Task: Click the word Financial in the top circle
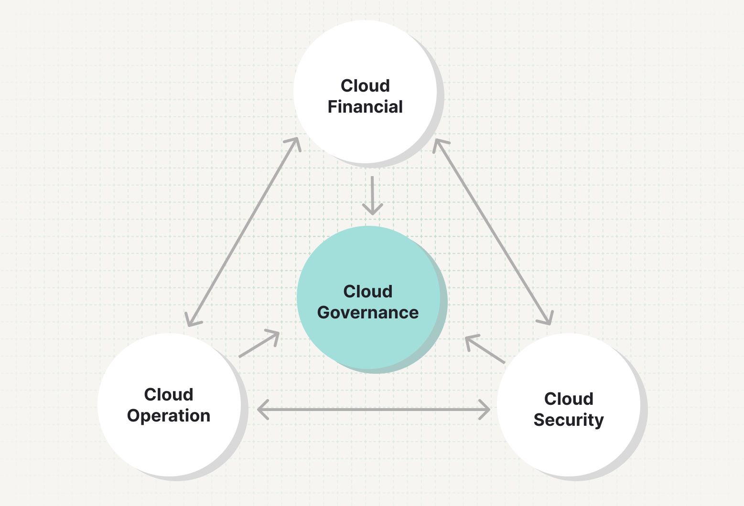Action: [365, 106]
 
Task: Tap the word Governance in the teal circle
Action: [368, 313]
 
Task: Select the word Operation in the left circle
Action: [169, 416]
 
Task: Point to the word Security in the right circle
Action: [569, 420]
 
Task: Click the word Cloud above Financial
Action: [365, 86]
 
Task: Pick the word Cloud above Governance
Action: [368, 292]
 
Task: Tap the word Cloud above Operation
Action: [169, 395]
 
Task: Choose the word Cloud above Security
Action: [569, 399]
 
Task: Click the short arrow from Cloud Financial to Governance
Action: [372, 196]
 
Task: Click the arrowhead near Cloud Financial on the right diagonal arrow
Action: [438, 144]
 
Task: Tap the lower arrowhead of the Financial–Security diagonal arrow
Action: [548, 319]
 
